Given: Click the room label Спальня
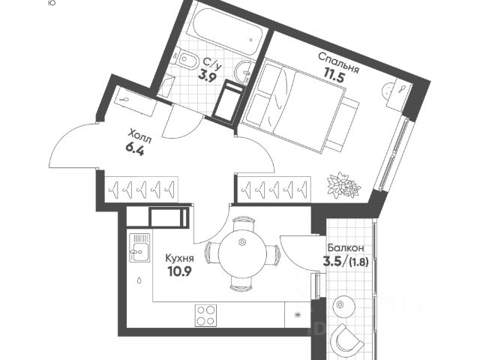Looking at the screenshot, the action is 338,63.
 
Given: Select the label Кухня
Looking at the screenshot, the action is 179,258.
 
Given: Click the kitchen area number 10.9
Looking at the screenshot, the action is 180,271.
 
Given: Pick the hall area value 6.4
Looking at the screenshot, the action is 134,150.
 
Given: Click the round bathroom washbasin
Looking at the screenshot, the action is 244,72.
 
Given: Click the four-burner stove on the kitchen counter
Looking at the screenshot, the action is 205,316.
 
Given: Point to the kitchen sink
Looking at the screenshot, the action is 139,247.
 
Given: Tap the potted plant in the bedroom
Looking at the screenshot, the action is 343,184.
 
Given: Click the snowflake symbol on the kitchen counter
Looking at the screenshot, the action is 297,315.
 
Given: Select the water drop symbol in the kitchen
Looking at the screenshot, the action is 139,280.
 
